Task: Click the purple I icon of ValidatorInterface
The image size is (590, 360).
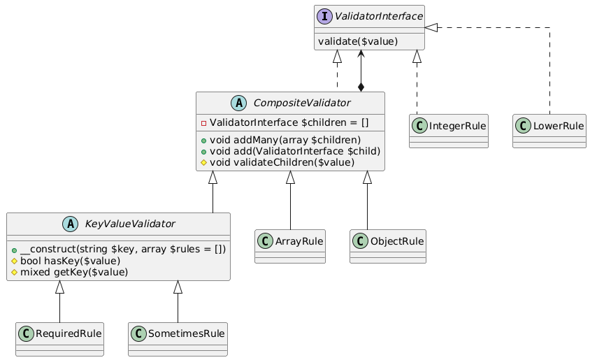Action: pos(324,17)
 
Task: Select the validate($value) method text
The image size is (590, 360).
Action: pos(358,41)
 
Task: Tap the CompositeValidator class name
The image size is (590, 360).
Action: pos(302,103)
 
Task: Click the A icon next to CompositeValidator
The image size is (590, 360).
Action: pos(239,103)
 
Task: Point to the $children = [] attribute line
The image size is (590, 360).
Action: pos(289,122)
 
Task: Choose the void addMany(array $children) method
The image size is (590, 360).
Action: pos(285,140)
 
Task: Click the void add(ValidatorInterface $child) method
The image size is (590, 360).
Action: pos(294,151)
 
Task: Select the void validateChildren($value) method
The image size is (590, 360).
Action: pos(282,162)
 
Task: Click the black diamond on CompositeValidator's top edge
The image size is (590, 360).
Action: pos(361,87)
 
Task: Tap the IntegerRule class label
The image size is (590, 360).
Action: pos(457,126)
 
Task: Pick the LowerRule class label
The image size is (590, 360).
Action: pos(559,126)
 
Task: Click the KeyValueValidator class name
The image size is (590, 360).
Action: pos(130,224)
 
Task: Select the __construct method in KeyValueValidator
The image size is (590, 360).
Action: pos(122,250)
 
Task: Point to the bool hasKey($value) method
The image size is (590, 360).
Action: pos(70,261)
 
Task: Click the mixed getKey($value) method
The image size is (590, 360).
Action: pos(74,272)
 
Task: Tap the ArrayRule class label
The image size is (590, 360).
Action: pos(299,241)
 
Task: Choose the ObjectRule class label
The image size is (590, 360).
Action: pos(397,241)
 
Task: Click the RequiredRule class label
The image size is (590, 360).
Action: pos(69,333)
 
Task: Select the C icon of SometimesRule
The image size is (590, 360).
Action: pos(138,333)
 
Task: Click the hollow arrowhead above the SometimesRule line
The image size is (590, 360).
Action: pos(178,287)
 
